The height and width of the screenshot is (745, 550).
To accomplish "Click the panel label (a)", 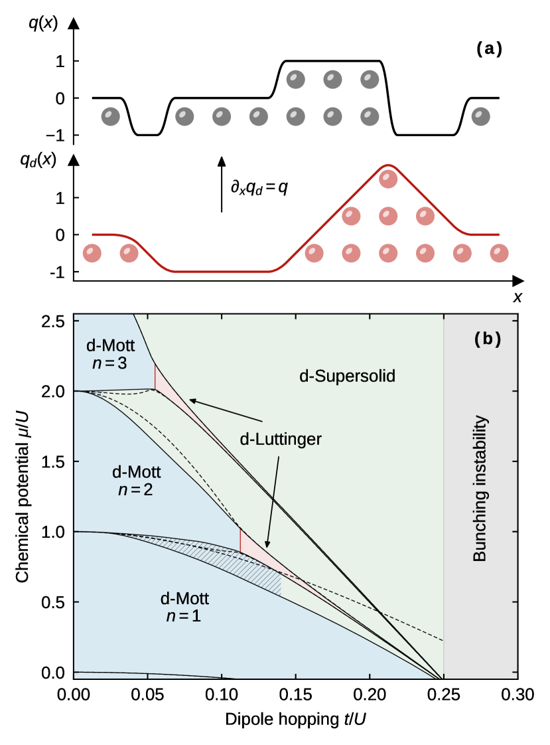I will click(x=489, y=48).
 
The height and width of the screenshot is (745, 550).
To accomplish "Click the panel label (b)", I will click(x=488, y=339).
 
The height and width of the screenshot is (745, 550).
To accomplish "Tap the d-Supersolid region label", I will click(x=347, y=376).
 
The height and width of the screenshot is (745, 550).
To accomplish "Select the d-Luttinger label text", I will click(x=281, y=440).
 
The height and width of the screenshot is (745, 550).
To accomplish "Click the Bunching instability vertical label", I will click(x=479, y=490).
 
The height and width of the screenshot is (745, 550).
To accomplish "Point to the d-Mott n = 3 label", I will click(x=110, y=355).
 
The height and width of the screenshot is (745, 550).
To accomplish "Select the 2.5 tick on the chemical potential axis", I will click(x=55, y=321).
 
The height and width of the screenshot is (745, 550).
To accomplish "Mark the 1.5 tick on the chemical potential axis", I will click(x=55, y=461).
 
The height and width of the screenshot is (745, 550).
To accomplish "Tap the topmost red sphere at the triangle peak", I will click(x=387, y=179).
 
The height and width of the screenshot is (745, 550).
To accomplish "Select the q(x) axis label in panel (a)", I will click(x=42, y=23).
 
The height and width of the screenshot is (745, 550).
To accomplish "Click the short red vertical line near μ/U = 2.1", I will click(x=155, y=376).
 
